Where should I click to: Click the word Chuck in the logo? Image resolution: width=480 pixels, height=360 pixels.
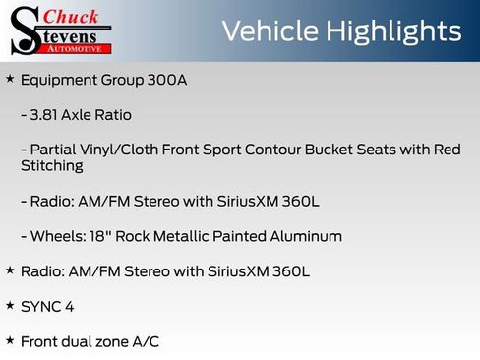pos(71,17)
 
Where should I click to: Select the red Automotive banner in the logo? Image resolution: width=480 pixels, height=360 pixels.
pos(74,47)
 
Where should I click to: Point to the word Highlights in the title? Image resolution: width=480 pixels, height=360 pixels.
pos(391,30)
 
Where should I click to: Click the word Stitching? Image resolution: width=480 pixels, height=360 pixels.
pos(51,166)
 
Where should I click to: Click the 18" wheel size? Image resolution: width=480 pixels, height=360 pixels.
pos(101,236)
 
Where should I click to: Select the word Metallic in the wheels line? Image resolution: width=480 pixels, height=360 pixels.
pos(190,236)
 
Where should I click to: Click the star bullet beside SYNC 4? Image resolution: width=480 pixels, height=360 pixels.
pos(10,305)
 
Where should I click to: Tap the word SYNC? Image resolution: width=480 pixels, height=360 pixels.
pos(40,306)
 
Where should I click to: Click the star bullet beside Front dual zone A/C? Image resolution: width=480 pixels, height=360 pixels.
pos(10,340)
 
